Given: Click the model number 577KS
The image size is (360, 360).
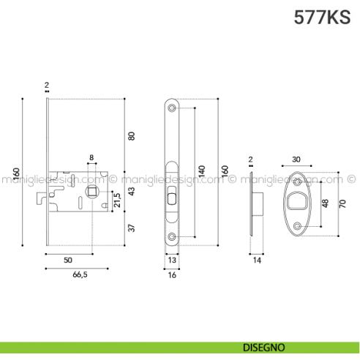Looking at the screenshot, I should pos(322,15).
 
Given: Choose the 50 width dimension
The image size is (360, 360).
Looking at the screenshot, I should pos(67,260).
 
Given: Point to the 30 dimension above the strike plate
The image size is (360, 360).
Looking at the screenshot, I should pos(296,159).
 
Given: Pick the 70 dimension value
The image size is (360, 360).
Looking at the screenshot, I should pos(342,203).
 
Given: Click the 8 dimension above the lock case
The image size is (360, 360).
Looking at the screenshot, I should pos(91,158).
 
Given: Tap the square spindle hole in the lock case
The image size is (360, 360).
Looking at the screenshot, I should pos(94,192).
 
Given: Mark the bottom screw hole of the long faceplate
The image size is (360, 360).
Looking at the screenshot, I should pos(172,236).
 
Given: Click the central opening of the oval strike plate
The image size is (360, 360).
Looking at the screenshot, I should pos(296,201).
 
